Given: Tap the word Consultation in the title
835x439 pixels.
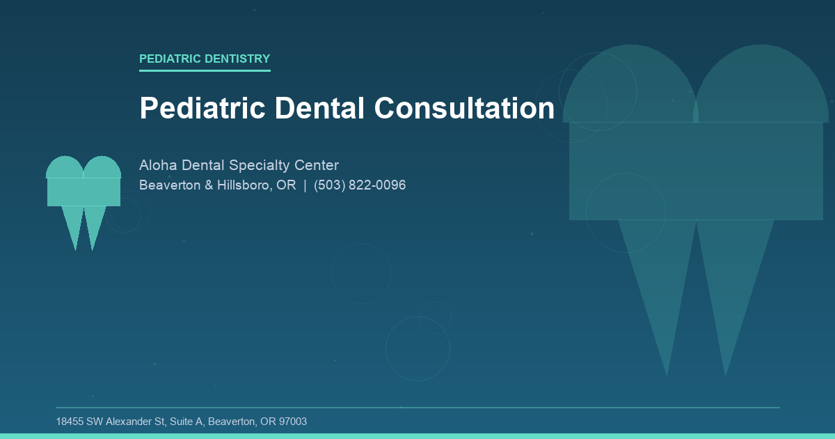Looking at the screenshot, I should tap(464, 108).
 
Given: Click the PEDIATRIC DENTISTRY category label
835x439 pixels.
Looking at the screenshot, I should tap(205, 59).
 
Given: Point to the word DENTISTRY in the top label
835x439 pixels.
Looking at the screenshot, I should tap(237, 59).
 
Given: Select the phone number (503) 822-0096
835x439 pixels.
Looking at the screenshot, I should tap(360, 185).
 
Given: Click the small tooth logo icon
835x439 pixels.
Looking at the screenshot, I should tap(83, 192).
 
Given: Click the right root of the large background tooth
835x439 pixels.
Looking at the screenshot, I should tap(731, 286).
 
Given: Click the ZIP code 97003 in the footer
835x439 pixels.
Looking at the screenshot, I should tap(292, 422).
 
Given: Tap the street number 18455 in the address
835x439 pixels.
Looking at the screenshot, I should tap(70, 422).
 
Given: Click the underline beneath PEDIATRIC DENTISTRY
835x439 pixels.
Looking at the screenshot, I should tap(205, 70).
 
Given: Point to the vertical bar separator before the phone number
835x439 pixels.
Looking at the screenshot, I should tap(305, 185).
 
